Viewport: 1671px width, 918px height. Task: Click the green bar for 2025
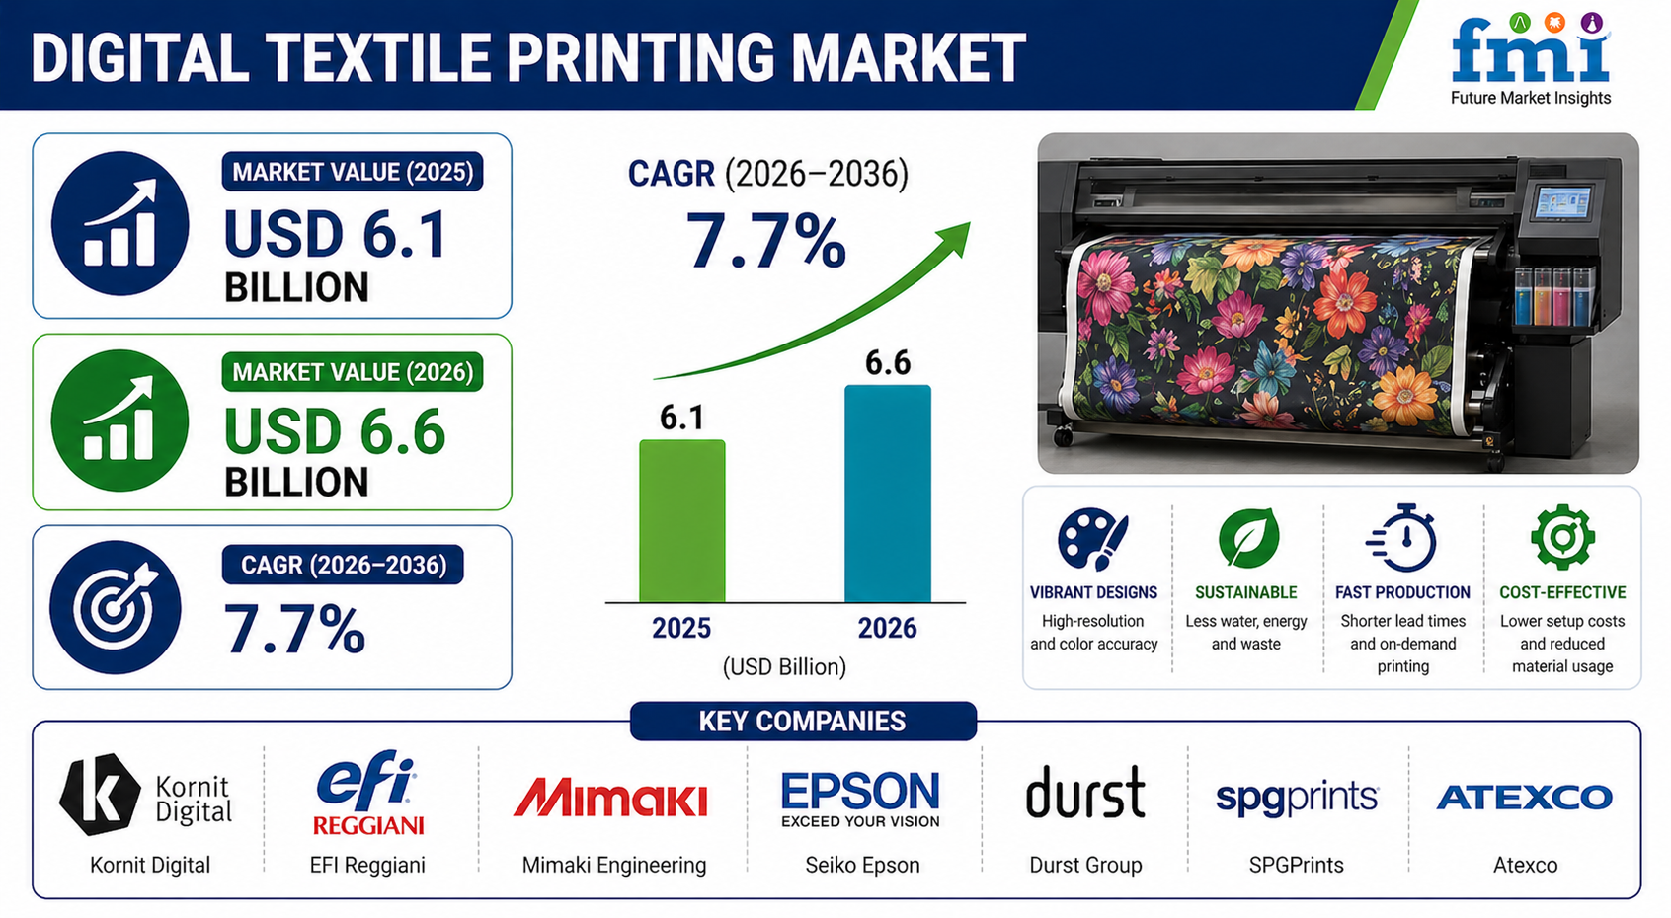point(681,520)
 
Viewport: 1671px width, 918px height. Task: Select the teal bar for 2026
point(888,493)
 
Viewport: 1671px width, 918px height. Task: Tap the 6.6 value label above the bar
point(888,362)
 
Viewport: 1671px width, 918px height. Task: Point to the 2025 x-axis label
point(681,628)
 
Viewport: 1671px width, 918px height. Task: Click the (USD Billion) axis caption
point(784,666)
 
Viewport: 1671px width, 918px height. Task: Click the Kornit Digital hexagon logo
point(100,794)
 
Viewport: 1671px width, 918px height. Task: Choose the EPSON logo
point(860,799)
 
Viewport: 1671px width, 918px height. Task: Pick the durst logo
point(1085,792)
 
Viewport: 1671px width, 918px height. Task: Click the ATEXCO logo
point(1524,798)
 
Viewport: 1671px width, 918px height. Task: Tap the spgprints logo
point(1297,798)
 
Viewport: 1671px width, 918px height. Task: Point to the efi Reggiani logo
point(367,792)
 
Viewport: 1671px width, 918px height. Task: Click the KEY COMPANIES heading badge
point(803,722)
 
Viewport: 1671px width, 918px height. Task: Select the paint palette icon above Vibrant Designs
point(1093,538)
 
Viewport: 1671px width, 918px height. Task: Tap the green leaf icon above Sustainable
point(1248,538)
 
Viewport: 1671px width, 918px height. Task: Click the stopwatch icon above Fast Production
point(1401,538)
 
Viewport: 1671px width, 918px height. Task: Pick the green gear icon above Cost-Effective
point(1562,536)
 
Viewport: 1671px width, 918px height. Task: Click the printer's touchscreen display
point(1560,203)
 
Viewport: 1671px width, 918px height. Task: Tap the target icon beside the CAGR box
point(116,607)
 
